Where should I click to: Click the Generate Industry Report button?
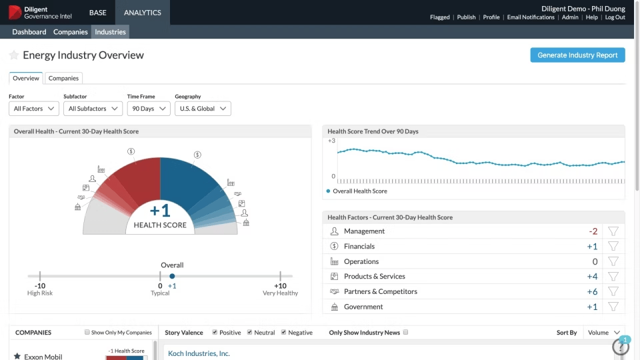click(577, 55)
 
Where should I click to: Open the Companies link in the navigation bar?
click(70, 32)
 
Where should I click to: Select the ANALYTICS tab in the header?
click(142, 13)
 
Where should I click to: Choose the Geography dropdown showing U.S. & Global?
click(203, 109)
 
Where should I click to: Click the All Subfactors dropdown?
click(93, 109)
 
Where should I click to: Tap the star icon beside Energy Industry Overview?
click(14, 55)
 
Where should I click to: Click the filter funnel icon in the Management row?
click(613, 231)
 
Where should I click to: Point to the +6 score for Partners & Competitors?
click(592, 292)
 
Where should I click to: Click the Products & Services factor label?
click(374, 277)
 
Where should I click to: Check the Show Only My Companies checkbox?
click(87, 333)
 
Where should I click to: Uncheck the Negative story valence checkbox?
click(284, 333)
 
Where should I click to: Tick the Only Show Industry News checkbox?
click(405, 333)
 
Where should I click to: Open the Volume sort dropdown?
click(605, 333)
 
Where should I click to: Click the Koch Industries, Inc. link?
click(199, 353)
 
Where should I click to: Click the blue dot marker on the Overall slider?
click(172, 276)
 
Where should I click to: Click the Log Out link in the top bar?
click(615, 17)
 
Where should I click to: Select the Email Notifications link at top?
click(531, 17)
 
